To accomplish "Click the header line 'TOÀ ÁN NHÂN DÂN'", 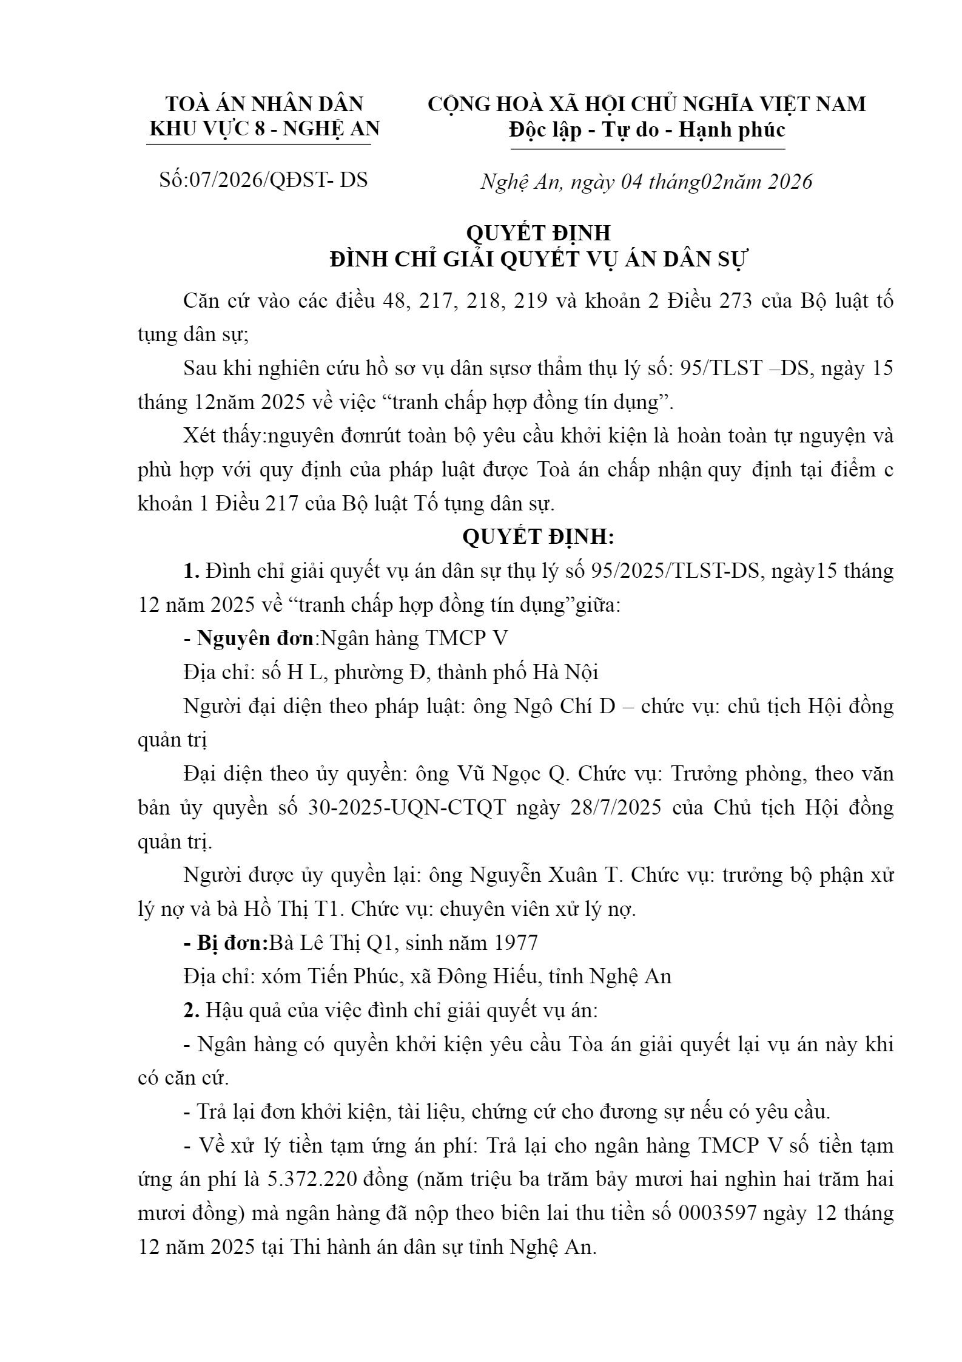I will pos(264,104).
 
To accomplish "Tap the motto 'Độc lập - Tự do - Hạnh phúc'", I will pos(647,130).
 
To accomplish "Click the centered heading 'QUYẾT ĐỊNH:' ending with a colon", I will pos(539,537).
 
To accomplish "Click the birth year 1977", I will pos(516,943).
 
